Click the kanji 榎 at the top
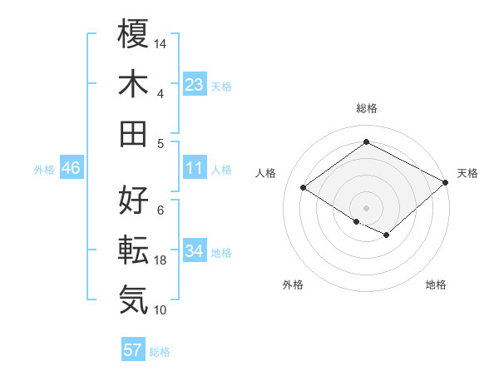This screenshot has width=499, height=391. point(134,36)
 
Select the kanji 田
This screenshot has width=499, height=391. point(134,132)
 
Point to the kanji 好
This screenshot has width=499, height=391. point(134,200)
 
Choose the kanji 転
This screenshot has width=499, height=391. point(134,249)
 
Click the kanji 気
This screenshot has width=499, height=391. point(134,298)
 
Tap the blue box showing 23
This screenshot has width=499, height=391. point(195,84)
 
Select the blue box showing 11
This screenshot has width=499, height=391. point(195,168)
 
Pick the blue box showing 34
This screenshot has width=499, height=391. point(195,251)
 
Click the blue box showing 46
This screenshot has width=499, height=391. point(71,169)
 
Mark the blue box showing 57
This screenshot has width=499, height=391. point(133,350)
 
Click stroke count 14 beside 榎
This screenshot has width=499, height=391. point(161,42)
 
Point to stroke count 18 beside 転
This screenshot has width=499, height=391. point(161,261)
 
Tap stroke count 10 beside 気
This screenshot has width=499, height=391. point(161,310)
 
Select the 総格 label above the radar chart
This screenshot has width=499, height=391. point(366,108)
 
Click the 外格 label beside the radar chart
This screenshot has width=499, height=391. point(293,285)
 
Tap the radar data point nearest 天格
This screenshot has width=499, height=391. point(446,183)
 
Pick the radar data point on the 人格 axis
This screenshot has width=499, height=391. point(304,188)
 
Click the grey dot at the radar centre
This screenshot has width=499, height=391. point(366,207)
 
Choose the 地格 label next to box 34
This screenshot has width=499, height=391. point(221,252)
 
